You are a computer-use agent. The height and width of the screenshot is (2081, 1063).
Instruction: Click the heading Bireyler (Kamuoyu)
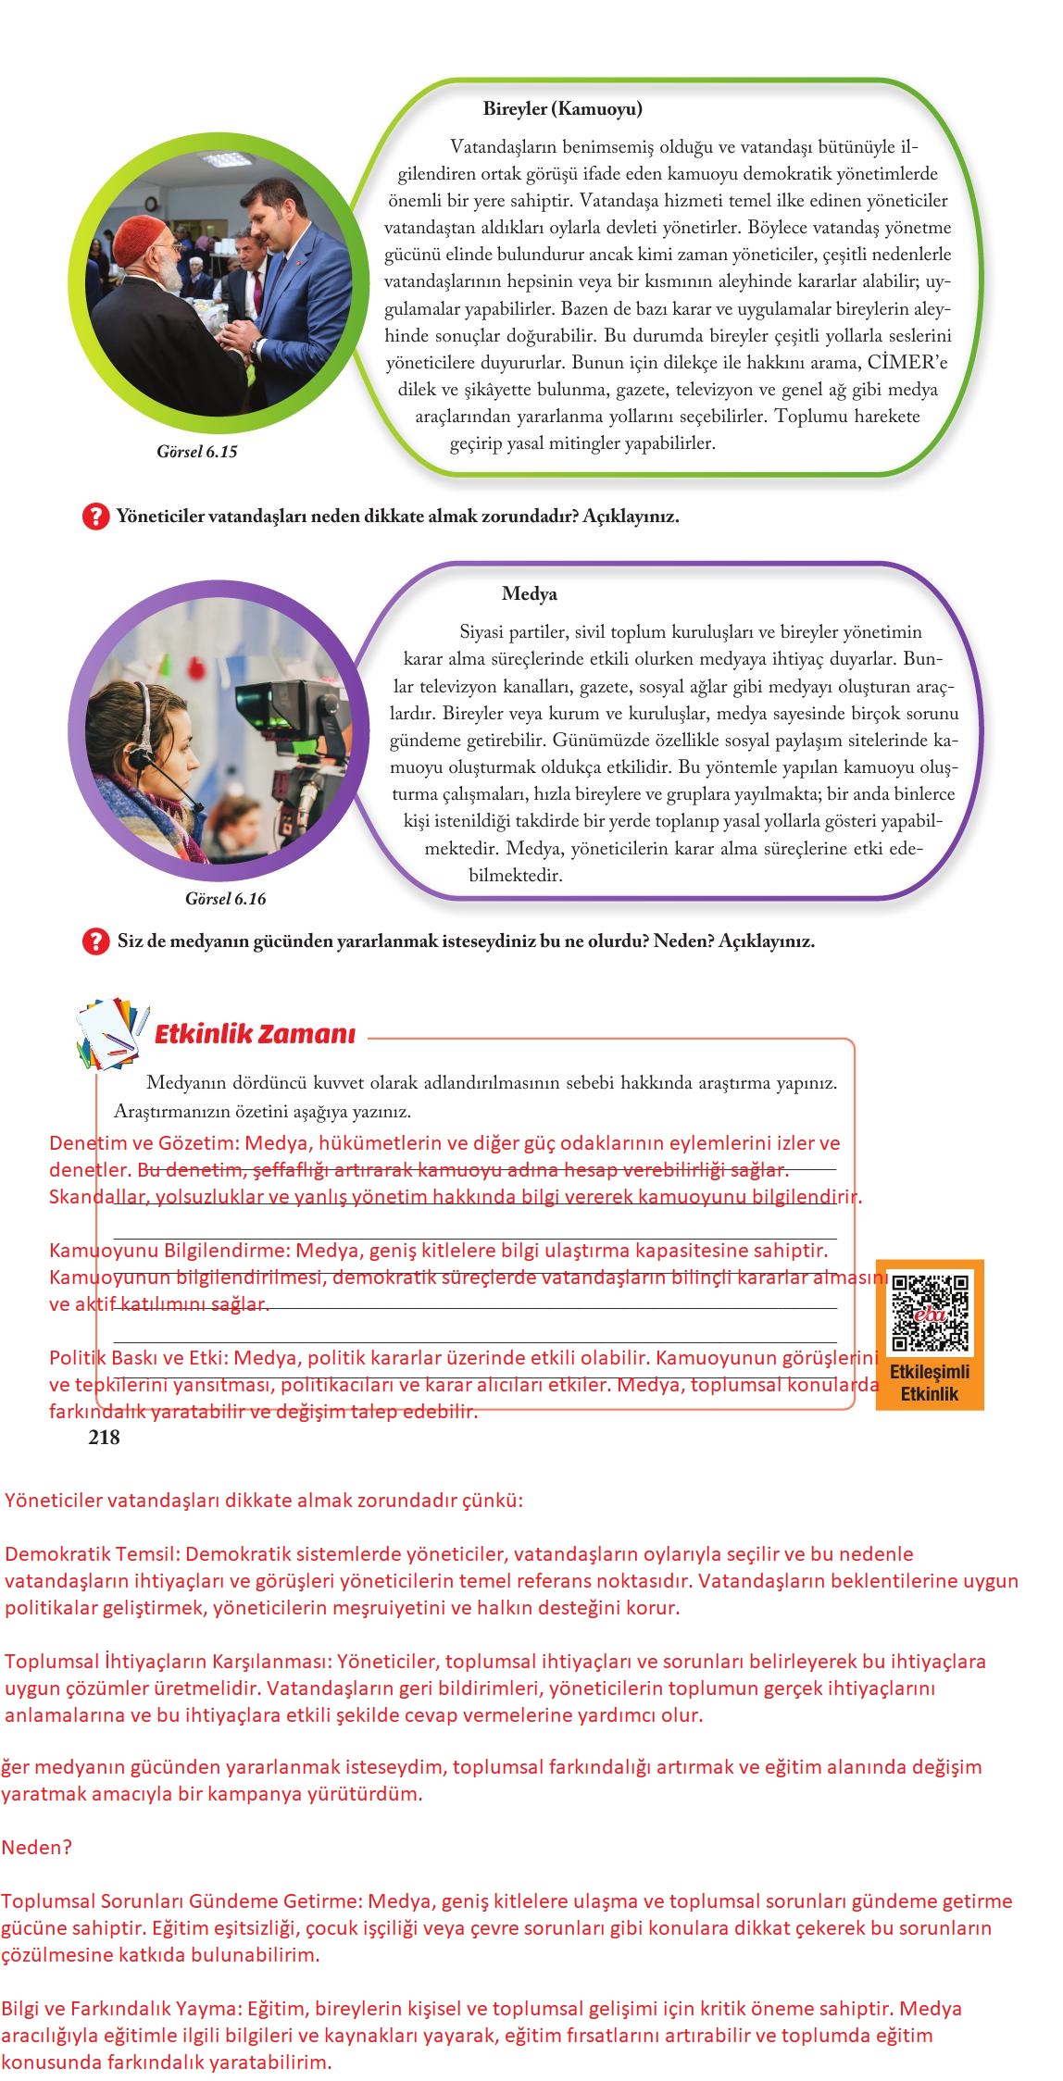pyautogui.click(x=562, y=109)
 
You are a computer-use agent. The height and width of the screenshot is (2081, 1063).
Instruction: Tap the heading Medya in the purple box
pyautogui.click(x=529, y=594)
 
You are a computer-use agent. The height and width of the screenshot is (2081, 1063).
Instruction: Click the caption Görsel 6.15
pyautogui.click(x=196, y=452)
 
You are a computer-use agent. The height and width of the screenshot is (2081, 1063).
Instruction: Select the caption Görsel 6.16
pyautogui.click(x=225, y=899)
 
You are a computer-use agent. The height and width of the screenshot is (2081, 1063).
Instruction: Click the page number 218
pyautogui.click(x=104, y=1437)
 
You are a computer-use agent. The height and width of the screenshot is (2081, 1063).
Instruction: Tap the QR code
pyautogui.click(x=930, y=1313)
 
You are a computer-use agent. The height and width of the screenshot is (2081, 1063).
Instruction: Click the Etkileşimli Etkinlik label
pyautogui.click(x=929, y=1383)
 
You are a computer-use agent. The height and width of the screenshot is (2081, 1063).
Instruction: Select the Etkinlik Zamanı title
pyautogui.click(x=254, y=1034)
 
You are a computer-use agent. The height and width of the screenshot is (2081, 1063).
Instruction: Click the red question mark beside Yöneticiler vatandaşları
pyautogui.click(x=95, y=517)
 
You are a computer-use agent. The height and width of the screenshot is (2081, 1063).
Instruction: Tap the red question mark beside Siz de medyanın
pyautogui.click(x=95, y=941)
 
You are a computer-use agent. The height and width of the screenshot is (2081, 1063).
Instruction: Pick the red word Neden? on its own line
pyautogui.click(x=36, y=1848)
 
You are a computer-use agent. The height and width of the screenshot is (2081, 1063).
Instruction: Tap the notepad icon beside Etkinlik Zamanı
pyautogui.click(x=111, y=1032)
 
